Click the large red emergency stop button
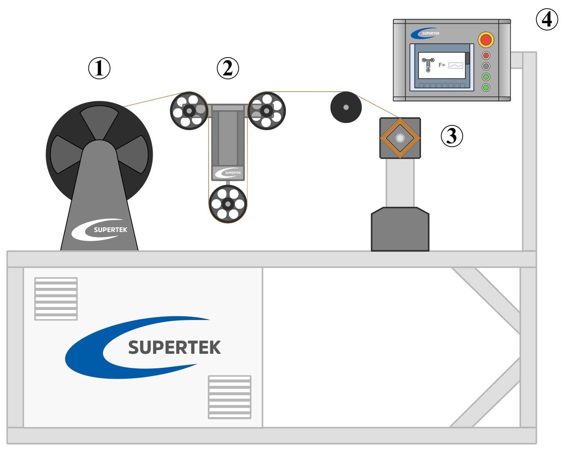coord(486,40)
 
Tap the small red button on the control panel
coord(486,55)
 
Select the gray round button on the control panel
coord(486,66)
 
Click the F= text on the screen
coord(442,65)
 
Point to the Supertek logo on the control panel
coord(425,33)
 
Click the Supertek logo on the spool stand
coord(100,230)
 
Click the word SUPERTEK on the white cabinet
coord(174,347)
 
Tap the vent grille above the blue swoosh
coord(56,299)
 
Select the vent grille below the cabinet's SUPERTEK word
coord(230,397)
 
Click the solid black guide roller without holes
coord(346,107)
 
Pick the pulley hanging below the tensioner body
coord(228,204)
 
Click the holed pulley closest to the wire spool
coord(189,111)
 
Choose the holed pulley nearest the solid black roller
coord(267,111)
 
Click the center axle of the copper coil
coord(400,138)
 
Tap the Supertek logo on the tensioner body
coord(228,172)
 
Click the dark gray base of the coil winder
coord(400,230)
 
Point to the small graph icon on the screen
coord(456,65)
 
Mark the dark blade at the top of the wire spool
coord(99,121)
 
